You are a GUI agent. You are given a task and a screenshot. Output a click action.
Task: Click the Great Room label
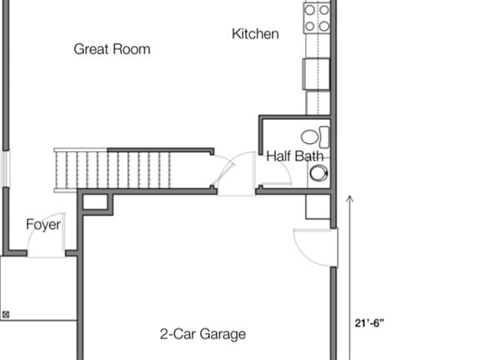click(x=112, y=49)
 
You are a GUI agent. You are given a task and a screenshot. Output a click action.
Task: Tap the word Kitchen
click(x=255, y=34)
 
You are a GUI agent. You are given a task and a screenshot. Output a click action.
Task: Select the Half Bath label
click(x=295, y=156)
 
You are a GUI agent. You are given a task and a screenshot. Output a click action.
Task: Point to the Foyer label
click(x=43, y=224)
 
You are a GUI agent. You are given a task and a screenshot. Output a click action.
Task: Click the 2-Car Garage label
click(x=202, y=334)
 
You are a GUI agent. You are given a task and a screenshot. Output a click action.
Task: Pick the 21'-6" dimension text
click(x=368, y=322)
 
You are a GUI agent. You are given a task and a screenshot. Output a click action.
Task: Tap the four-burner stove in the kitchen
click(x=317, y=17)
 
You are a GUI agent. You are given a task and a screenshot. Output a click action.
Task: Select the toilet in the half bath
click(x=314, y=137)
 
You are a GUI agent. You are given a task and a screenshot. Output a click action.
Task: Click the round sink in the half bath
click(x=318, y=172)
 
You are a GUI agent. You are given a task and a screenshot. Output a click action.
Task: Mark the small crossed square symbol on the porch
click(x=7, y=314)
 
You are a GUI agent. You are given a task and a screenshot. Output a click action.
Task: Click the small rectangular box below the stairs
click(x=95, y=202)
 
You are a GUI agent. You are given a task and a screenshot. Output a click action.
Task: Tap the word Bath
click(x=309, y=156)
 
